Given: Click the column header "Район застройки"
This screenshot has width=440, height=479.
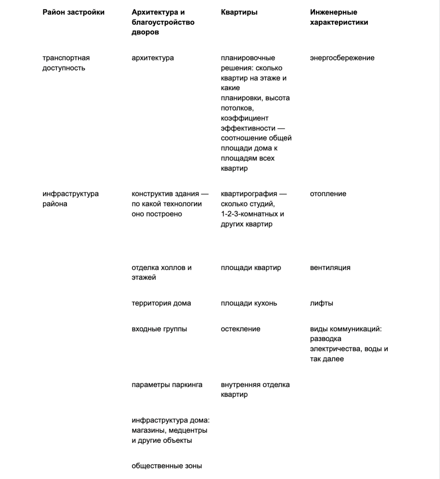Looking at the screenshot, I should pos(73,12).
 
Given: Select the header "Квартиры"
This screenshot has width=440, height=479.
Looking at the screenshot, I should pos(239,12).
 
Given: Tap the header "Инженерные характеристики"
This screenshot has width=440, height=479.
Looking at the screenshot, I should pos(339,17).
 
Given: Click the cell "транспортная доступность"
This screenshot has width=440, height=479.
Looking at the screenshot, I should pos(66,63).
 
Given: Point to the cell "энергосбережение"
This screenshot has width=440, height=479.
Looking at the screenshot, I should pos(342,58).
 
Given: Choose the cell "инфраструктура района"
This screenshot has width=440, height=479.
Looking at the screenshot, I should pos(70,199).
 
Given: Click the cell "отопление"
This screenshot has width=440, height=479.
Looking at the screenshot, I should pos(328,194).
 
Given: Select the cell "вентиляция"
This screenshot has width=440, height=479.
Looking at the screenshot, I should pos(330,268).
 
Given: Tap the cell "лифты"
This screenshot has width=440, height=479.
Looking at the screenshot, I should pos(321,303).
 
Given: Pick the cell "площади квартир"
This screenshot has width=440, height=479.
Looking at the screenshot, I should pos(251,268).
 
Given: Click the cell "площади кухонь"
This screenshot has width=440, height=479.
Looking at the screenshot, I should pos(249,303).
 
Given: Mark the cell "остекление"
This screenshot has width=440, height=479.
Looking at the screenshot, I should pos(240,329).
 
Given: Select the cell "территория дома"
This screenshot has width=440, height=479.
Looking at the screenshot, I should pos(161,303).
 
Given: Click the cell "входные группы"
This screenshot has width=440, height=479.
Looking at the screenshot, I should pos(159,329).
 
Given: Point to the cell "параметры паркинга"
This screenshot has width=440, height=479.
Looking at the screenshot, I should pos(167,385).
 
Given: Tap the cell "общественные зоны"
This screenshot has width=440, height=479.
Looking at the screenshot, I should pos(167,466).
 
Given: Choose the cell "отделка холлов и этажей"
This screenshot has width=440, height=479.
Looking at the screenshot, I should pos(161,273).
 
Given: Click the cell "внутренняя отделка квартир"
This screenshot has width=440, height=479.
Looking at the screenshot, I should pos(255,390).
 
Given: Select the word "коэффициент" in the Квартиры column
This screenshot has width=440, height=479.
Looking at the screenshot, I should pos(244,118).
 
